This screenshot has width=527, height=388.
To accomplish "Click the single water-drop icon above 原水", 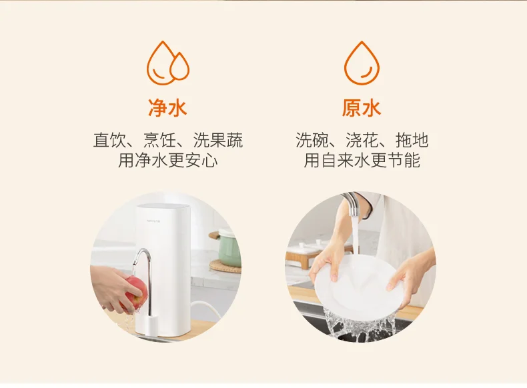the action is tap(362, 63).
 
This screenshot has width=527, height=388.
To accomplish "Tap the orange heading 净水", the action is tap(167, 108).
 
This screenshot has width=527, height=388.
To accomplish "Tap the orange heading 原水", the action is tap(362, 108).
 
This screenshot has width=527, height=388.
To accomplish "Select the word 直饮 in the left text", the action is tap(109, 140).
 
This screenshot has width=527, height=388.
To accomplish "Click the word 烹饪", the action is tap(160, 140).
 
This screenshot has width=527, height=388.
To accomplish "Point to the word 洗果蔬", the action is tap(218, 140).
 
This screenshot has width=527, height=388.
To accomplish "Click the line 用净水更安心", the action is tap(167, 160).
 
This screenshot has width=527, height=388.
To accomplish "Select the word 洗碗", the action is tap(312, 140).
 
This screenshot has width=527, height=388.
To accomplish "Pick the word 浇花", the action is tap(362, 140).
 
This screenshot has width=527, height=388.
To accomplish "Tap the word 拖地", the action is tap(412, 140).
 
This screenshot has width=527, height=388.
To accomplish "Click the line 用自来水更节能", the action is tap(362, 160).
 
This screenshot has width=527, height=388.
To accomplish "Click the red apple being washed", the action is tap(135, 292).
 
